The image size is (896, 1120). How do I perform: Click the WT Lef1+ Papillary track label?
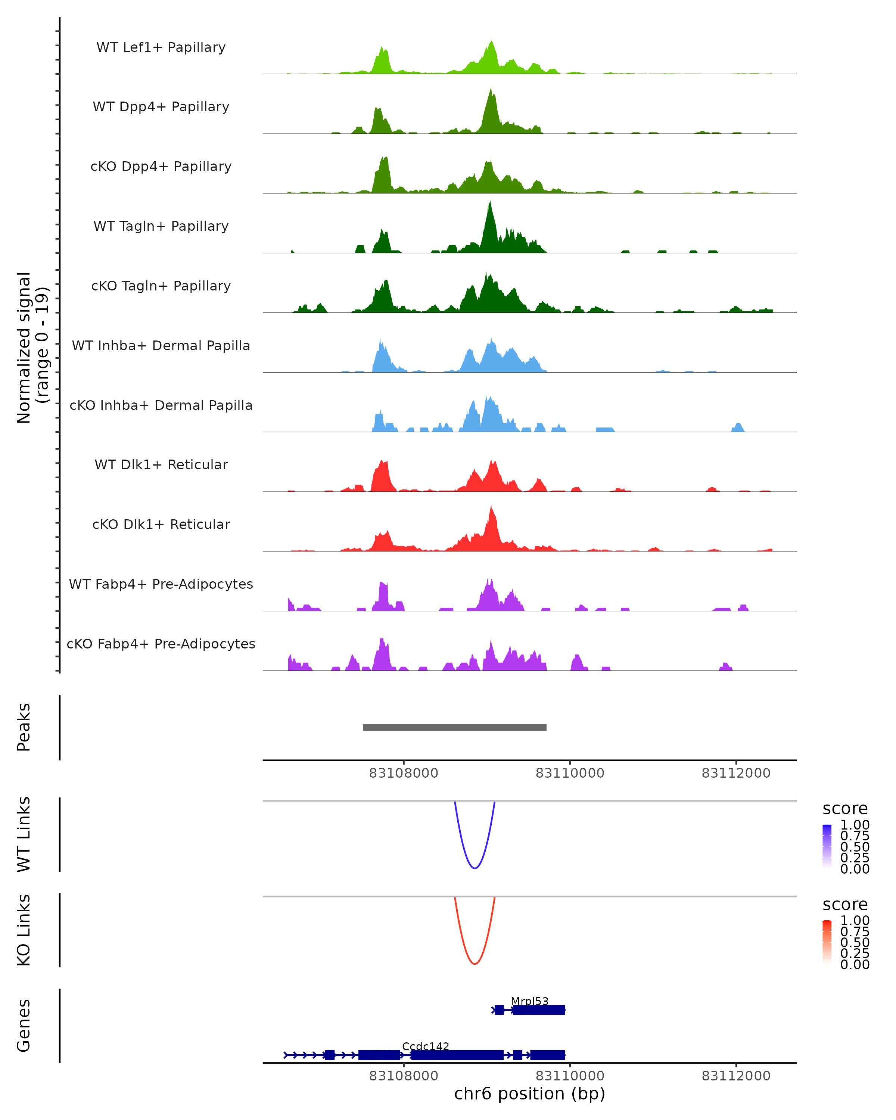161,47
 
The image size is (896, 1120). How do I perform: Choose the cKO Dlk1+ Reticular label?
161,524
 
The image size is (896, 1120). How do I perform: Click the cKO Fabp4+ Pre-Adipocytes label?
161,644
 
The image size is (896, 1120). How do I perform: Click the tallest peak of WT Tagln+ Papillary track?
489,203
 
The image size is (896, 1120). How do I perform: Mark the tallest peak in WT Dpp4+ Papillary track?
491,89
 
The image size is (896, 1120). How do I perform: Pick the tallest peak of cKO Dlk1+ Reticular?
491,507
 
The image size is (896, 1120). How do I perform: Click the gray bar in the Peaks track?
454,727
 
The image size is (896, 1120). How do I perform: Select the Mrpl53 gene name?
529,1001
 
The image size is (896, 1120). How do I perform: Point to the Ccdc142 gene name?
425,1046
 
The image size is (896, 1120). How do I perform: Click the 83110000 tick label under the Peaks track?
570,773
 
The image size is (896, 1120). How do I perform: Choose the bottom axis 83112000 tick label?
736,1076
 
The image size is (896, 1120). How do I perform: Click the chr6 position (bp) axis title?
529,1093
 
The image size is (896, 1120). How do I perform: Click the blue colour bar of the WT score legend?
827,846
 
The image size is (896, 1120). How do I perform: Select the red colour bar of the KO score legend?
827,941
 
